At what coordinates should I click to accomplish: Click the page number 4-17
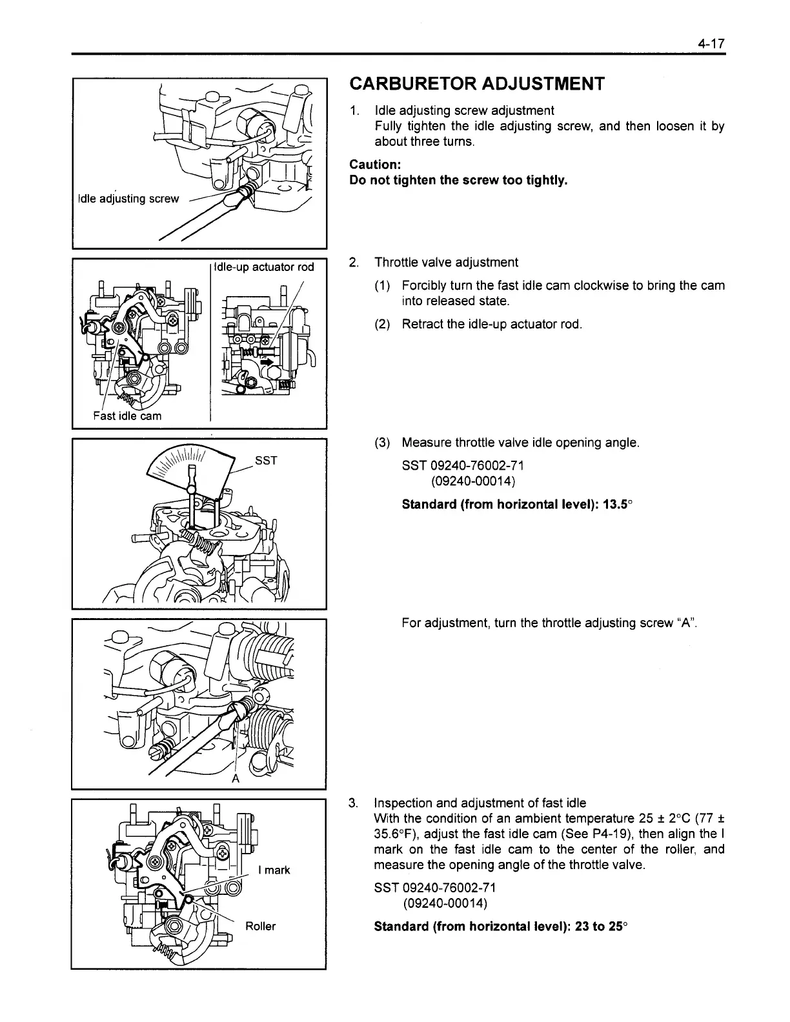pos(711,44)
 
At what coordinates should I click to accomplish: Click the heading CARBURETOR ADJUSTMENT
pos(477,84)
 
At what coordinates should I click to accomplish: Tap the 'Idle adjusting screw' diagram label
pos(128,199)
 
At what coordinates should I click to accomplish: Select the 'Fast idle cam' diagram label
pos(127,416)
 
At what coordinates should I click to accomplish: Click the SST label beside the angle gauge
pos(266,460)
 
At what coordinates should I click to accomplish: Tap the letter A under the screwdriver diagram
pos(236,778)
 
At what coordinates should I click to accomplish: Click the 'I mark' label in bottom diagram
pos(274,870)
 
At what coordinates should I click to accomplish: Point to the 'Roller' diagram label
pos(261,927)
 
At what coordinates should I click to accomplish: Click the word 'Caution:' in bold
pos(375,165)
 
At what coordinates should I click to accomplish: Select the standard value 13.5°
pos(607,504)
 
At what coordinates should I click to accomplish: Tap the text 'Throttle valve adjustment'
pos(446,263)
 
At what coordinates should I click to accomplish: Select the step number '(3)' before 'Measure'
pos(382,443)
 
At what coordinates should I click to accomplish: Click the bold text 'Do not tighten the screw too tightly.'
pos(458,180)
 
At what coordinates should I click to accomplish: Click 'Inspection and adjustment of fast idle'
pos(480,803)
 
